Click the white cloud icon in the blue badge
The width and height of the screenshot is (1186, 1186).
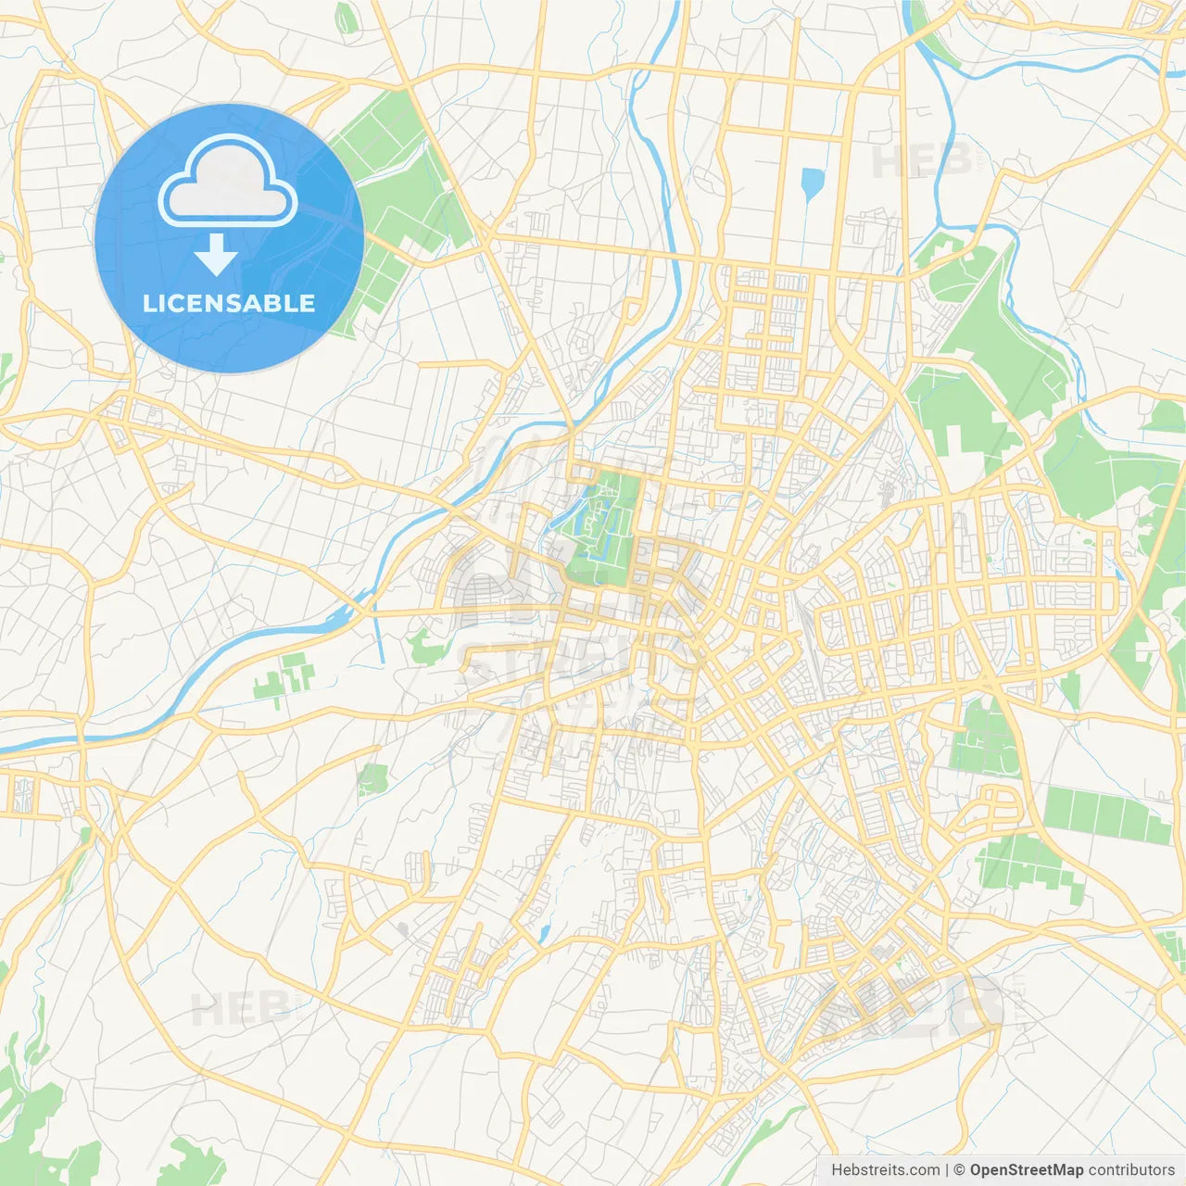227,181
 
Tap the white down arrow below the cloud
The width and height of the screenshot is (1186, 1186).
216,255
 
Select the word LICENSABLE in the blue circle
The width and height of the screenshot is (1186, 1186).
229,303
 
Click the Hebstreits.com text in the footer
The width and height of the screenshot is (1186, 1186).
885,1170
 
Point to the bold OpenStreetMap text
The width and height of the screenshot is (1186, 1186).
1026,1170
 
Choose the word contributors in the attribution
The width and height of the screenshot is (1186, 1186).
1131,1170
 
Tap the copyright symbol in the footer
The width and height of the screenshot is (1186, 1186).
960,1170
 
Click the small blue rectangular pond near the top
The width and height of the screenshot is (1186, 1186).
813,183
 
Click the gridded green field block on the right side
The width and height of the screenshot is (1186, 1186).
1107,815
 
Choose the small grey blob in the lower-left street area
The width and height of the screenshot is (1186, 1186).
402,927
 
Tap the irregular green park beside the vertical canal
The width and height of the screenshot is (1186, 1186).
426,646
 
